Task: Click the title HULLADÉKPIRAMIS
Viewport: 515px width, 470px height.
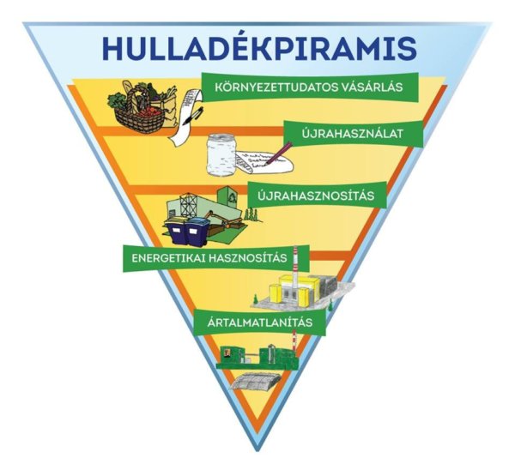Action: (x=257, y=48)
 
